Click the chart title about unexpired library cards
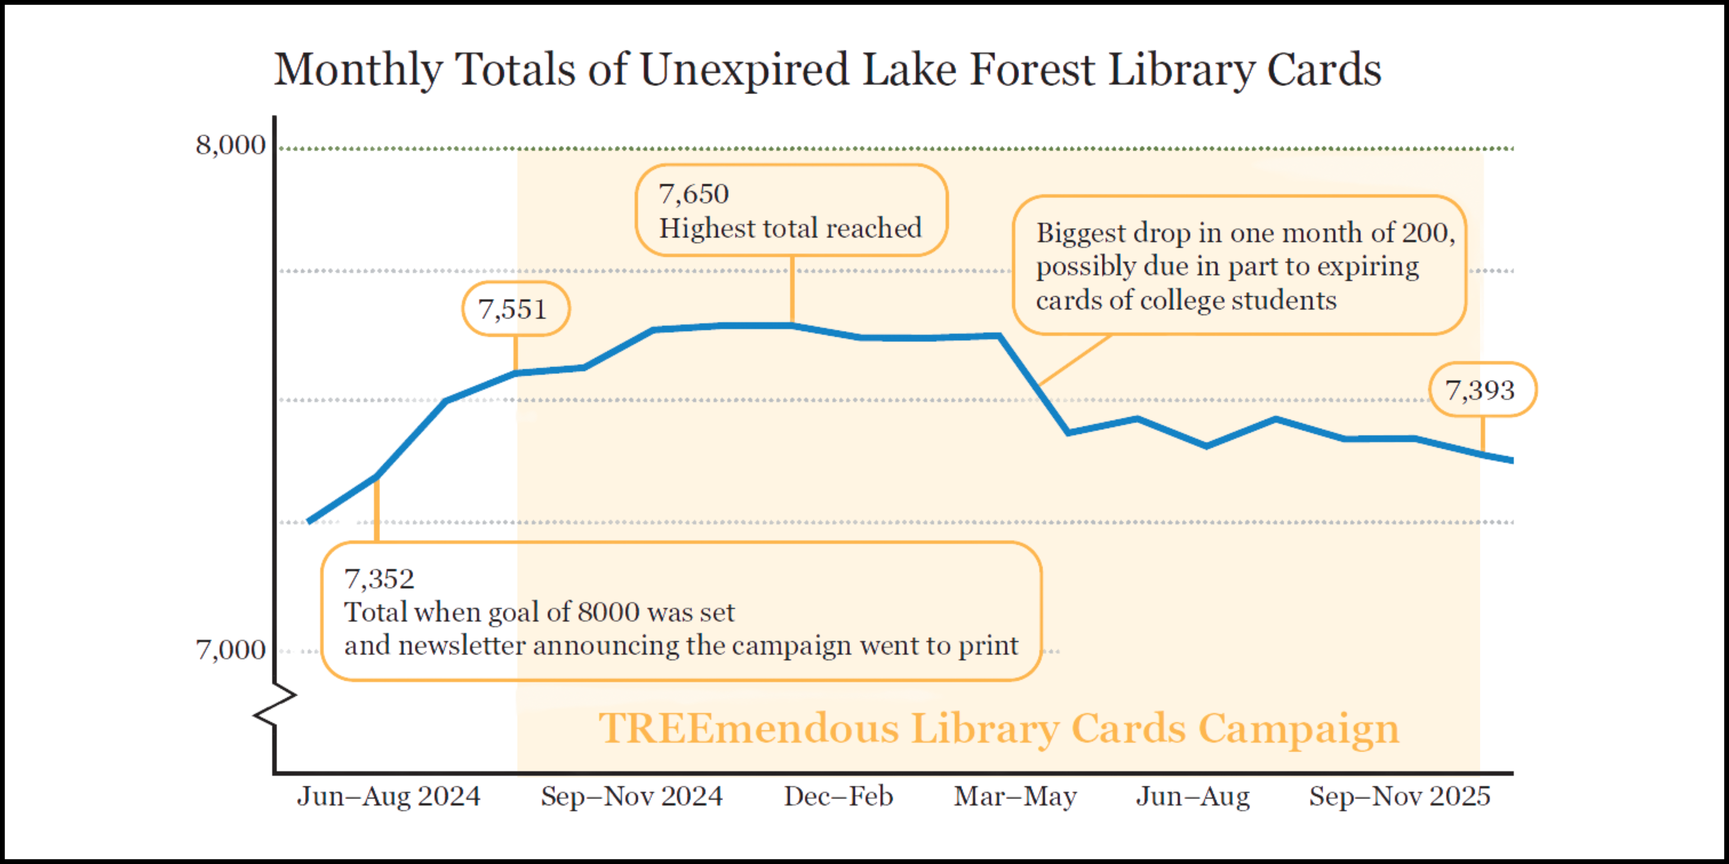[827, 70]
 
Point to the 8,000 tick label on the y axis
[230, 145]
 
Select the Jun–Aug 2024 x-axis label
[389, 796]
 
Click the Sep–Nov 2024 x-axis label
[632, 796]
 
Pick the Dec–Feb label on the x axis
[838, 796]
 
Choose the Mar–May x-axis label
[1015, 796]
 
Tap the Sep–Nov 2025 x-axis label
[1400, 796]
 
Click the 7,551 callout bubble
[515, 309]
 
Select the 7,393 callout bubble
[1482, 390]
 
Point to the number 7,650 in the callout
[693, 194]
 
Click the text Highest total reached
[790, 229]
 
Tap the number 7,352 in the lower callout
[379, 579]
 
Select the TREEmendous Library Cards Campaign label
[999, 729]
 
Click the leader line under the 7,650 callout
[792, 290]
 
